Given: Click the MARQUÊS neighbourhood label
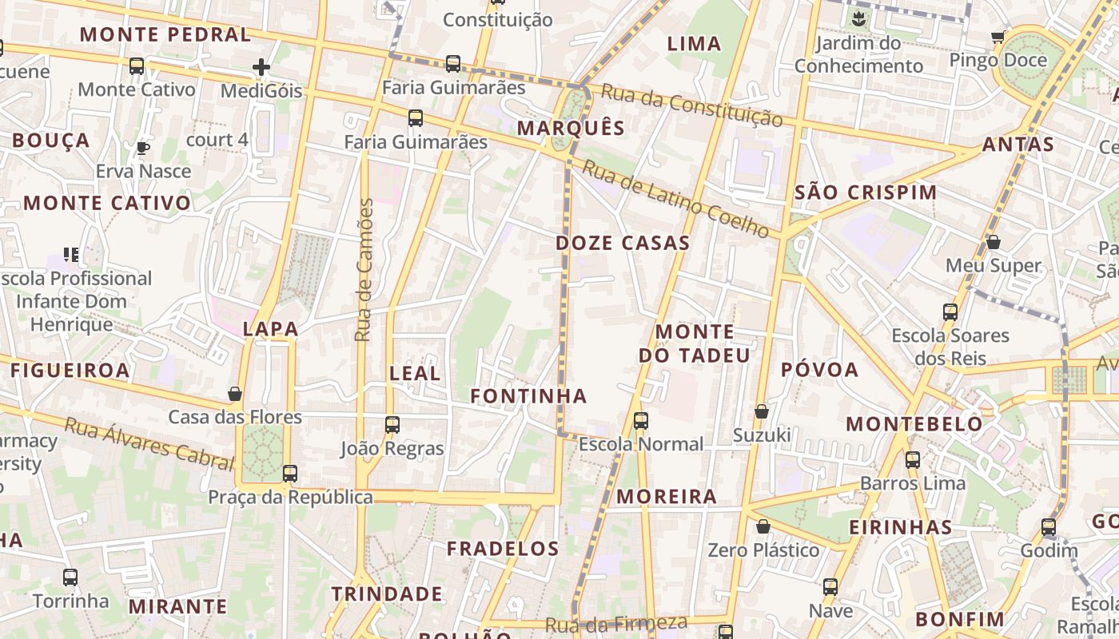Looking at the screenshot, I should tap(570, 128).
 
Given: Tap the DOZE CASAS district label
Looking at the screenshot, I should tap(622, 243).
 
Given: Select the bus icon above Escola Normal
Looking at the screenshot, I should tap(640, 421).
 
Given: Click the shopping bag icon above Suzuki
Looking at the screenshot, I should tap(762, 411).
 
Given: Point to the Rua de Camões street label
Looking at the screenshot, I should tap(364, 270).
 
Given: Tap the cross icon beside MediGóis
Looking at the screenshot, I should tap(261, 68).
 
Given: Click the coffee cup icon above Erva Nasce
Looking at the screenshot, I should tap(143, 148).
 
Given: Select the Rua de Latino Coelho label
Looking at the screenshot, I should tap(675, 199).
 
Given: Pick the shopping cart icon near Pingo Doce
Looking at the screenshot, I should tap(998, 37).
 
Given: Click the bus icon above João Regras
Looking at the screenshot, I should tap(392, 425).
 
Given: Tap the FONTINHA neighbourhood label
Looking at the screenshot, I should tap(528, 395).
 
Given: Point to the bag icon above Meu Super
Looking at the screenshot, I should tap(994, 241).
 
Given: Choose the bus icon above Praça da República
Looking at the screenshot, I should tap(290, 474).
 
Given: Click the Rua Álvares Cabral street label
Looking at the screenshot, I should tap(149, 440).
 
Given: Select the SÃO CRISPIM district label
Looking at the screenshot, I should tap(866, 192).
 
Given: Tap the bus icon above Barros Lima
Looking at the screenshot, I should tap(912, 460).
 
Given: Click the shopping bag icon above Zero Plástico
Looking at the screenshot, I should tap(763, 526).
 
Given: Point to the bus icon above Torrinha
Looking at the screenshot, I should tap(70, 577).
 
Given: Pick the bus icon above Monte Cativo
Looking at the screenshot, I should tap(137, 66).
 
